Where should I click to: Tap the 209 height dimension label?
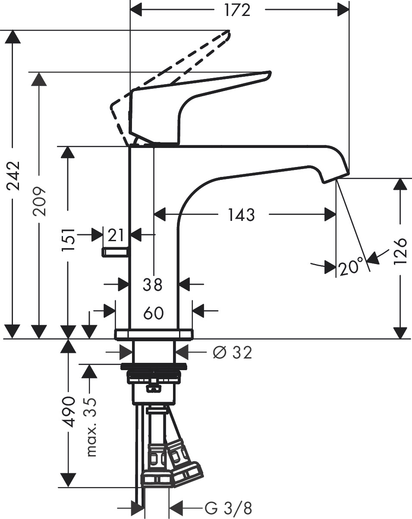tap(40, 201)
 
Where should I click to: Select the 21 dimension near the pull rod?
tap(116, 235)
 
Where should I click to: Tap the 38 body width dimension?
tap(153, 284)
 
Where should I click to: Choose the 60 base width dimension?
tap(154, 313)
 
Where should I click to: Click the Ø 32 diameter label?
tap(232, 353)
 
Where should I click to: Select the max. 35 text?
tap(91, 427)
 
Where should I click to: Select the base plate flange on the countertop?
tap(154, 334)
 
